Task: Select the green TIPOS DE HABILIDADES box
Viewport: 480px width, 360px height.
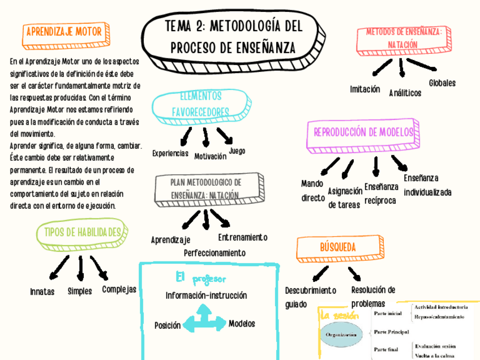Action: [x=79, y=233]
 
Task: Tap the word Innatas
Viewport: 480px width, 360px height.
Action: [x=42, y=292]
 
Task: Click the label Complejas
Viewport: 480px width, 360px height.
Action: [x=119, y=290]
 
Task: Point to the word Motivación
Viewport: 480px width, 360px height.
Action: [x=210, y=156]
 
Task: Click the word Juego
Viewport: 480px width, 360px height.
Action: [x=237, y=151]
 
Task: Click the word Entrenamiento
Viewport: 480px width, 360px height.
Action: [x=242, y=237]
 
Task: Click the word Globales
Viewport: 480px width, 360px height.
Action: [x=442, y=83]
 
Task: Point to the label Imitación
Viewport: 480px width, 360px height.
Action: [x=365, y=89]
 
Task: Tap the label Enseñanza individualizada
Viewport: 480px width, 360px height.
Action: [x=427, y=185]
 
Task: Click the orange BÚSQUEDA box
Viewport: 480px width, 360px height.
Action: [x=338, y=247]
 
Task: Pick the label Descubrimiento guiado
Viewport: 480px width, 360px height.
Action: [x=310, y=297]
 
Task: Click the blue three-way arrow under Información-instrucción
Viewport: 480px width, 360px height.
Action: [x=203, y=320]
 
